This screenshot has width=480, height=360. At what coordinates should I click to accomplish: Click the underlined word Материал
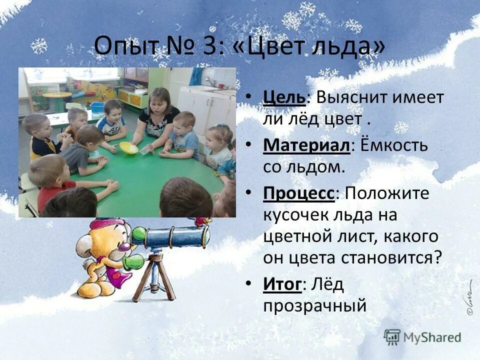coord(305,145)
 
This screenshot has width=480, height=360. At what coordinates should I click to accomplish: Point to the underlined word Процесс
coord(298,193)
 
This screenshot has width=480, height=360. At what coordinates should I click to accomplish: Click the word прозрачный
coord(315,305)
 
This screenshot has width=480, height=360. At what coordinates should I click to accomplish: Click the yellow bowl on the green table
coord(128,148)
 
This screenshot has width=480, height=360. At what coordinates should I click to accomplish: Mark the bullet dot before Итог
coord(249,283)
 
